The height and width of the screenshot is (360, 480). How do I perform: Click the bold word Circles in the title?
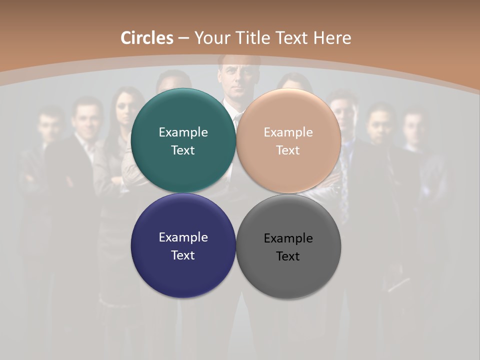(x=147, y=38)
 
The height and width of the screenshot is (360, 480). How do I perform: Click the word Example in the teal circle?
(x=183, y=132)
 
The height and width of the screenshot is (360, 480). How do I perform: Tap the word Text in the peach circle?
(x=288, y=150)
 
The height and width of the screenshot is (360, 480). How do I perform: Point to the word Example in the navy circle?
(x=183, y=237)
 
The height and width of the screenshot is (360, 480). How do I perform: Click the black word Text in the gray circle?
(x=288, y=256)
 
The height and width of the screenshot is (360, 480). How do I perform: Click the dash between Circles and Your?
(x=183, y=38)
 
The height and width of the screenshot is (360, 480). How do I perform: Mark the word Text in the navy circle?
(x=183, y=255)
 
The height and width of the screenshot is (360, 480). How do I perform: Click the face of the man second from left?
(x=85, y=116)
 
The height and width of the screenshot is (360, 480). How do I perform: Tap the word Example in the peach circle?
(x=288, y=132)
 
